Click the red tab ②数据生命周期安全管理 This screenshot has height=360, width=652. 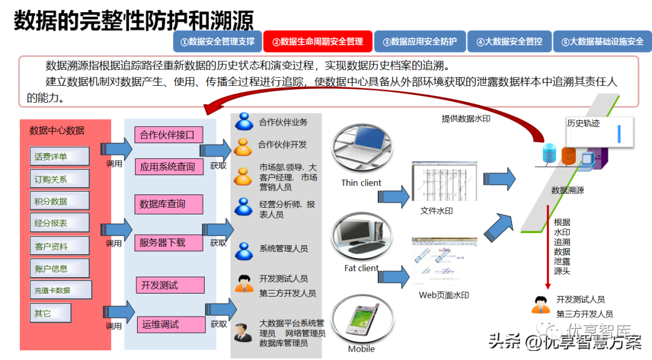[x=318, y=42]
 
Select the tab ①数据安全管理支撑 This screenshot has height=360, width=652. [x=217, y=42]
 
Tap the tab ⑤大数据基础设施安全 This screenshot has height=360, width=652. [x=602, y=42]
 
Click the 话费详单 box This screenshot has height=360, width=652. [x=59, y=156]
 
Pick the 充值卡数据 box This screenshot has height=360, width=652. [x=61, y=290]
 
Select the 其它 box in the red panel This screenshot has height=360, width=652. [x=50, y=313]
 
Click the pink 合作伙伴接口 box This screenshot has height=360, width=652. [x=168, y=135]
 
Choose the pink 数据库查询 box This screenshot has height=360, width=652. [x=168, y=204]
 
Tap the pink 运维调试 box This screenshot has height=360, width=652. [x=171, y=324]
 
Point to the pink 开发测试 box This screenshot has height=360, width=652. [x=170, y=285]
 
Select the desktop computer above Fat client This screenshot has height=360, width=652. [x=360, y=237]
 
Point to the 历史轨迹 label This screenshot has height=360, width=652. [x=584, y=123]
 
